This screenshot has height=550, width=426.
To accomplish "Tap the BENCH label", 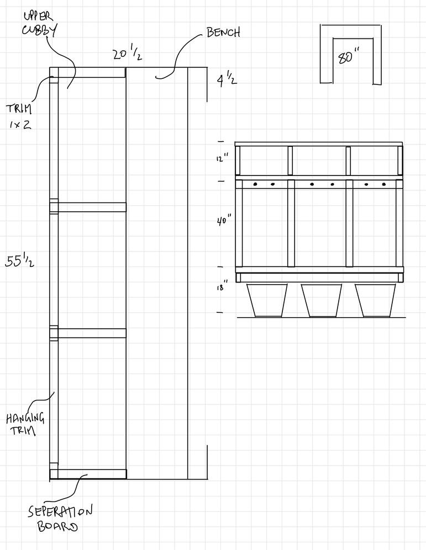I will pyautogui.click(x=223, y=33).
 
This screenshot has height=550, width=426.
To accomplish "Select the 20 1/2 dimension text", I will pyautogui.click(x=128, y=55).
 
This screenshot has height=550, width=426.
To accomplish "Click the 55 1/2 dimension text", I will pyautogui.click(x=20, y=261).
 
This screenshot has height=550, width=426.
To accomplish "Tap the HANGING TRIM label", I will pyautogui.click(x=25, y=424).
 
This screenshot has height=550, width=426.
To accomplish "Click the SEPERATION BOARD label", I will pyautogui.click(x=60, y=517).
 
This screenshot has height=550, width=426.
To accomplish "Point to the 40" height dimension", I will pyautogui.click(x=224, y=221).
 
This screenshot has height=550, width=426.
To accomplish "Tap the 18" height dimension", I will pyautogui.click(x=222, y=288).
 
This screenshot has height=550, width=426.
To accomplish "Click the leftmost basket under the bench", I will pyautogui.click(x=267, y=300).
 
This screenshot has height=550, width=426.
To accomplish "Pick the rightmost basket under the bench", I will pyautogui.click(x=375, y=300).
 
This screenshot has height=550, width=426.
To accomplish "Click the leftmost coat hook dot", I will pyautogui.click(x=255, y=184).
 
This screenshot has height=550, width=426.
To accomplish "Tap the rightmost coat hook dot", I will pyautogui.click(x=383, y=184).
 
